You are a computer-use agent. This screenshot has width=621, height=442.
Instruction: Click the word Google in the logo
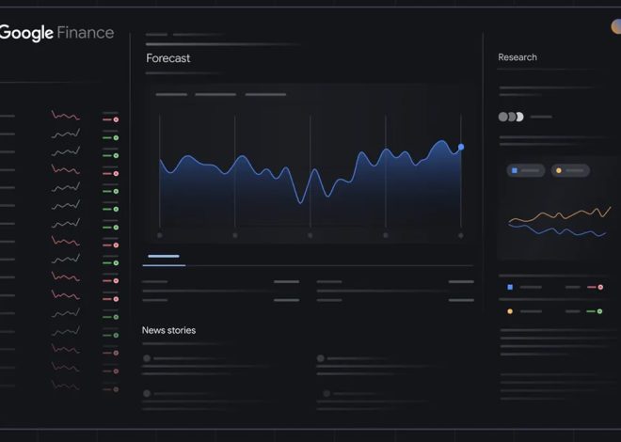26,33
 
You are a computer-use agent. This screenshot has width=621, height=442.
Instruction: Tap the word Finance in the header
86,33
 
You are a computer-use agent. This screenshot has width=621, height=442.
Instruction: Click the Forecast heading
167,58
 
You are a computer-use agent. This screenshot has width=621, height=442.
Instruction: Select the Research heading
517,57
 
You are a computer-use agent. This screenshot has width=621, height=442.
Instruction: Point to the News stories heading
168,330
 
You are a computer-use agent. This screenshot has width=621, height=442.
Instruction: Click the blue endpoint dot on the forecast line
461,147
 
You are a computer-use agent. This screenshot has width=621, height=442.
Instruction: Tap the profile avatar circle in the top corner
616,26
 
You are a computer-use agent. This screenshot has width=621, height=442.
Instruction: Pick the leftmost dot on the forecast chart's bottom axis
160,235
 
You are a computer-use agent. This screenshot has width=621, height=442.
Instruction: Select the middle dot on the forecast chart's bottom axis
310,235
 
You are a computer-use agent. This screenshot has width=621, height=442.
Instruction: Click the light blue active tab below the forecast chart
164,256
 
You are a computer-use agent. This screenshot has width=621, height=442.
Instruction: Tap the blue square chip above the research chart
514,170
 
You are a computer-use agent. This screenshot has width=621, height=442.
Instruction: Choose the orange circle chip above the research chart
559,170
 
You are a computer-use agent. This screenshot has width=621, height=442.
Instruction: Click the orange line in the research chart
555,216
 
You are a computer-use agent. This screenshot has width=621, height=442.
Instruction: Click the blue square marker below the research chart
510,287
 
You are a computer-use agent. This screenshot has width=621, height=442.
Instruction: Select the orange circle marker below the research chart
510,311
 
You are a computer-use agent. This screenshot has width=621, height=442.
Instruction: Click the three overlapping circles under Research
510,117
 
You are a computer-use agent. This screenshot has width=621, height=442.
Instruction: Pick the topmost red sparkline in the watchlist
65,116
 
